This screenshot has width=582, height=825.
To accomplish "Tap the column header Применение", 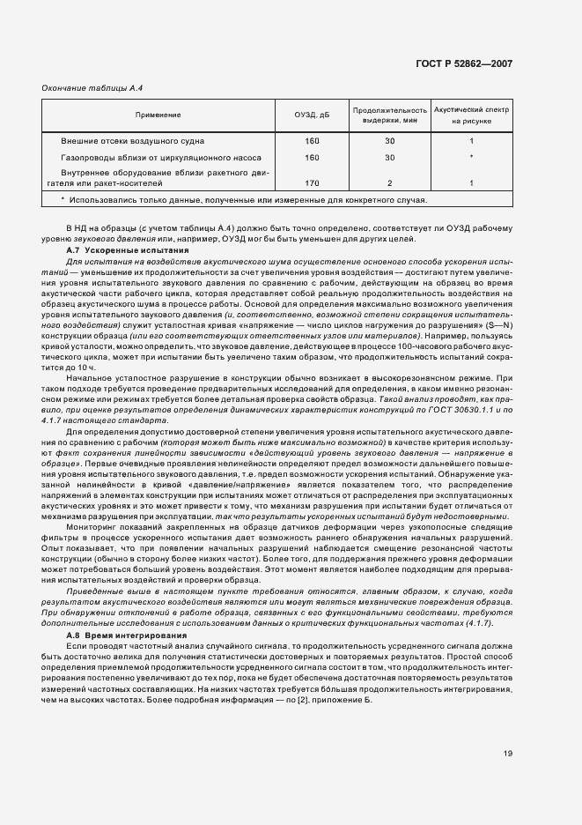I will tap(158, 115).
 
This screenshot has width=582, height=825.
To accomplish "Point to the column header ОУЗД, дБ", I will tap(312, 115).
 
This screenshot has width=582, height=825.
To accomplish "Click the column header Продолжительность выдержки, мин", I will tap(389, 115).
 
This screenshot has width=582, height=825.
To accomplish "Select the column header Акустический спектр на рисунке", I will tap(472, 115).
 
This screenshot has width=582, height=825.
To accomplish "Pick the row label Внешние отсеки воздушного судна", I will tap(134, 141).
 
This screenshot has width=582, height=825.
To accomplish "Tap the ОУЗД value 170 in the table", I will tap(312, 183).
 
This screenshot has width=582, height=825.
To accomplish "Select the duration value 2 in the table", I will tap(389, 183).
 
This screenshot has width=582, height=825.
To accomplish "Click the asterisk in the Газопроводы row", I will tap(472, 157).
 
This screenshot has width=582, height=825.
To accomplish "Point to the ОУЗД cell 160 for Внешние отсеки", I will tap(312, 141).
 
